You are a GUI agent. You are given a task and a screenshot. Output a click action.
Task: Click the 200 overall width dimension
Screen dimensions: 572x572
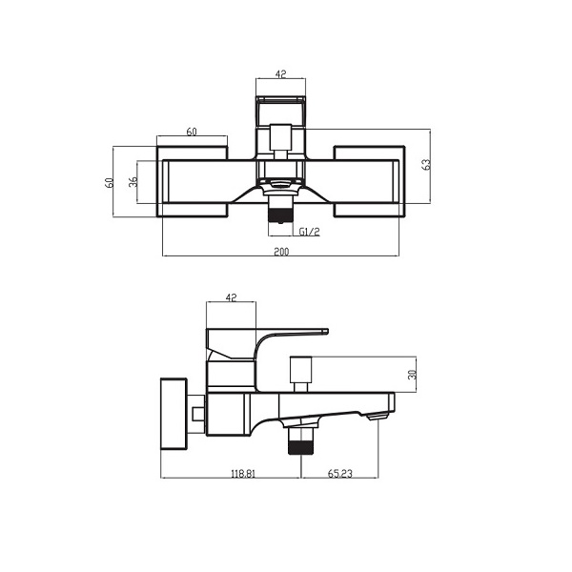point(281,251)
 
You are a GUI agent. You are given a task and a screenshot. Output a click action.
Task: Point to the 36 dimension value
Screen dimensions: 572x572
point(134,181)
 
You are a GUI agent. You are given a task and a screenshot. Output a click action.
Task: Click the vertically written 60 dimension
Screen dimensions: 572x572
point(110,181)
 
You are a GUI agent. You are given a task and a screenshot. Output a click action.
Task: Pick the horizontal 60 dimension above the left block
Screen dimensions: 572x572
point(192,133)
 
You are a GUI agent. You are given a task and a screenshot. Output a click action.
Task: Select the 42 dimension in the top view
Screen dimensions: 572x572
point(281,71)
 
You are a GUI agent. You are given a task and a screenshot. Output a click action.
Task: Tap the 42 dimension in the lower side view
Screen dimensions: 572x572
point(231,297)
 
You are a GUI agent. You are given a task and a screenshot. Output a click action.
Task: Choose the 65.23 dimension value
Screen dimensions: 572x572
point(340,472)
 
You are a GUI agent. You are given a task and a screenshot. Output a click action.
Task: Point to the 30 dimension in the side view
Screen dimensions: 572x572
point(412,375)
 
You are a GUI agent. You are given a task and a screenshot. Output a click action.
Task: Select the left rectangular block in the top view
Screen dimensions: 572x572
point(191,181)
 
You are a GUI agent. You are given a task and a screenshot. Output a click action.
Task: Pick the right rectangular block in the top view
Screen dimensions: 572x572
point(370,181)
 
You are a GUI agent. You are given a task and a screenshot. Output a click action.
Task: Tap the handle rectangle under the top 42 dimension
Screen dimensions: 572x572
point(281,109)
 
